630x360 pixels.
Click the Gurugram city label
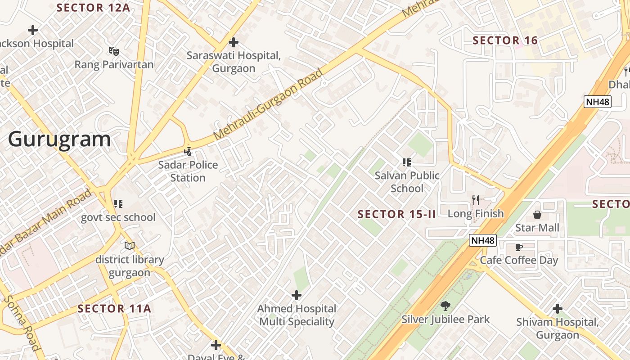tap(59, 139)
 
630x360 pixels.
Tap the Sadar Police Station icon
tap(188, 152)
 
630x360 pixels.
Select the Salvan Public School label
tap(407, 182)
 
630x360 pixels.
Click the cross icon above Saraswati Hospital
tap(233, 42)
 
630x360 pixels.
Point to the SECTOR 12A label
tap(93, 8)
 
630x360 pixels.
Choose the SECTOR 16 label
tap(505, 40)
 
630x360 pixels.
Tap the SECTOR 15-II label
tap(396, 214)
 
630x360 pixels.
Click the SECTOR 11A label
tap(114, 309)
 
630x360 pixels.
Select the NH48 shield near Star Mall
tap(483, 240)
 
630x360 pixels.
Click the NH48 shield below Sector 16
tap(598, 102)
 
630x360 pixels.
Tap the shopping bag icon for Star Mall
tap(537, 214)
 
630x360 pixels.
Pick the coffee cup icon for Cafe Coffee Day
tap(518, 247)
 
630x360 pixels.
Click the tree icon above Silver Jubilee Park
tap(445, 306)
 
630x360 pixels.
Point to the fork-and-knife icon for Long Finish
tap(475, 200)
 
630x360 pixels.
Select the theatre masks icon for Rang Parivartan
tap(113, 51)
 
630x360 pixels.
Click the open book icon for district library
tap(130, 246)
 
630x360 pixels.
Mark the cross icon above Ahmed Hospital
tap(296, 295)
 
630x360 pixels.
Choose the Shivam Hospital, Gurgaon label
tap(557, 328)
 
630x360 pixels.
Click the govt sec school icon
tap(118, 204)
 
